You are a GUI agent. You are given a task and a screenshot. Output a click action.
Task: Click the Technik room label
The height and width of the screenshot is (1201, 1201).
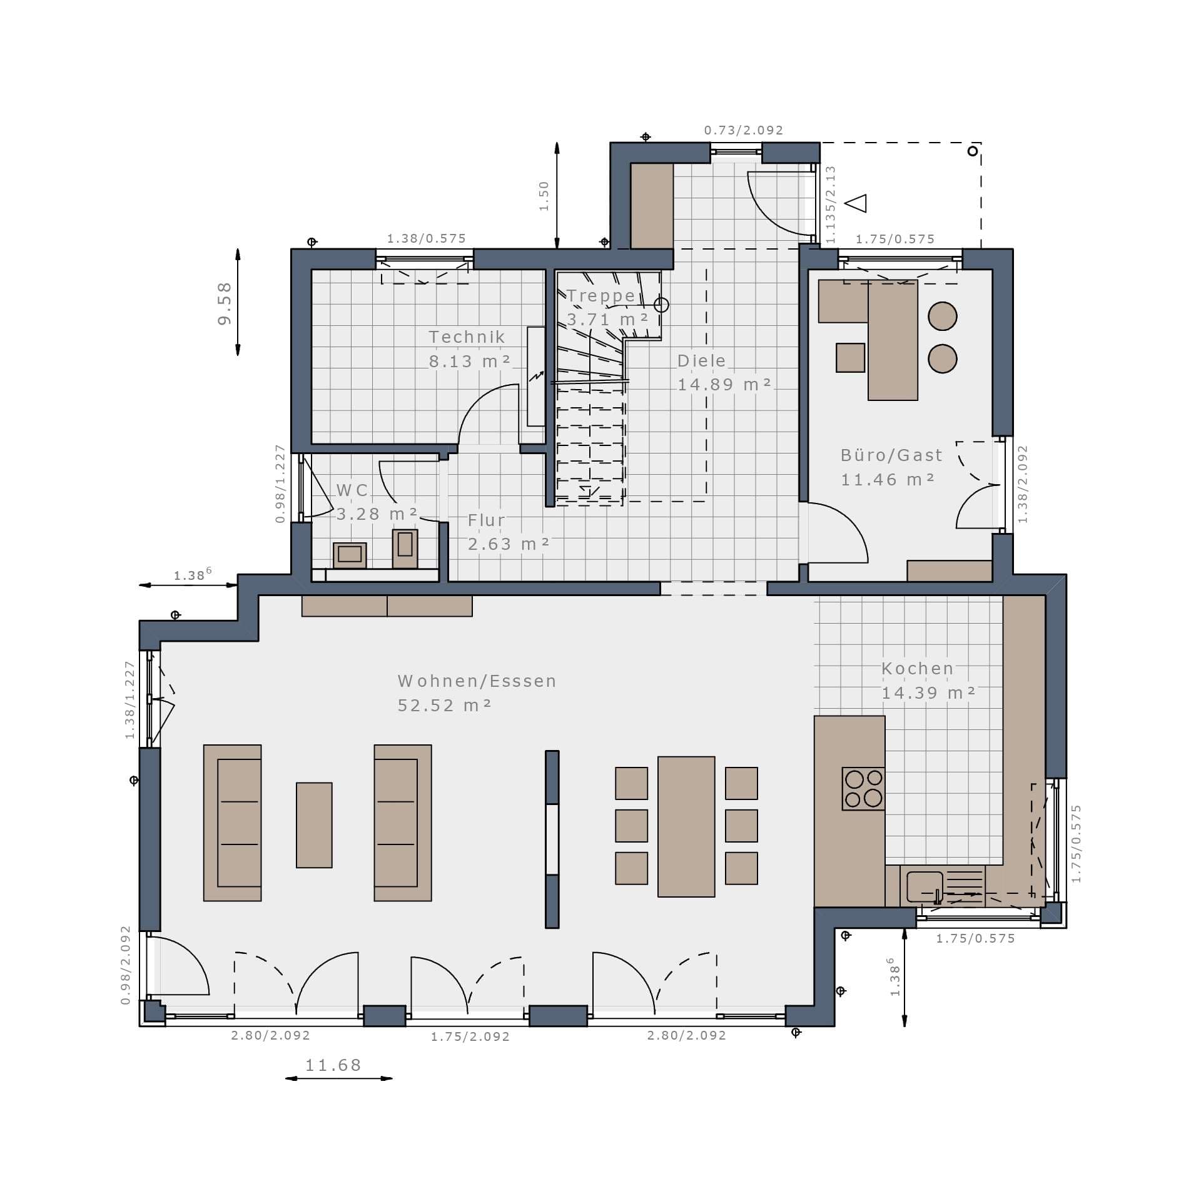coord(467,337)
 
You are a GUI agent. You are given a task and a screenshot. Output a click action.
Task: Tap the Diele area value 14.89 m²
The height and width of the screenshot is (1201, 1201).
coord(724,385)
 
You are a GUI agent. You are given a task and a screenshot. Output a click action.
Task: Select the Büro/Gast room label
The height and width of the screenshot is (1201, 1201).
coord(891,455)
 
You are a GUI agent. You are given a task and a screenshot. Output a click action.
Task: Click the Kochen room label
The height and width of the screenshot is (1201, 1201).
coord(918,669)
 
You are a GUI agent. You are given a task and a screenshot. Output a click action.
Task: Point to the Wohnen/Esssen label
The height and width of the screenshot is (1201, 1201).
coord(477,681)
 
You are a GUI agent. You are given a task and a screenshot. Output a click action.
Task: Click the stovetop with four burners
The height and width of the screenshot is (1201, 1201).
coord(863,789)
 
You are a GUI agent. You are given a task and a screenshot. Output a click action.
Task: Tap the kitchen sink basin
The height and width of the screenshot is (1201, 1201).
coord(924,886)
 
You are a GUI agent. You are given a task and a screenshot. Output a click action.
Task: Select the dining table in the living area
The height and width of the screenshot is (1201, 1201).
coord(686,826)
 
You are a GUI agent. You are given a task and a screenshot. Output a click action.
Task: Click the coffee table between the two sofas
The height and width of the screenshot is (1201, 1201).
coord(314,825)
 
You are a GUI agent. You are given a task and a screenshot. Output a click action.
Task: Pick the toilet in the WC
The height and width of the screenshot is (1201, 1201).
coord(405,549)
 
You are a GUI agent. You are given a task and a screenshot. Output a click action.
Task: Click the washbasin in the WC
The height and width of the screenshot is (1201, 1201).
coord(350,555)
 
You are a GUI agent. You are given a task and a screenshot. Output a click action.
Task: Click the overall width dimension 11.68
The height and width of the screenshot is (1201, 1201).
coord(333,1065)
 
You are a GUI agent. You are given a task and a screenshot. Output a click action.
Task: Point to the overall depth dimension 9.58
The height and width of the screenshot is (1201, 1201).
coord(225,303)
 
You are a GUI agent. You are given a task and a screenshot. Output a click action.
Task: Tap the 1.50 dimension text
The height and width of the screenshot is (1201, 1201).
coord(544,196)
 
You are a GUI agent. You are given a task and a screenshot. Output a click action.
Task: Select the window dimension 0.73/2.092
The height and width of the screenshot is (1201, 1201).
coord(744,130)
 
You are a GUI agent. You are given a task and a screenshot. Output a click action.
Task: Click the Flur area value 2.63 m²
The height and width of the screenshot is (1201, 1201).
coord(509,544)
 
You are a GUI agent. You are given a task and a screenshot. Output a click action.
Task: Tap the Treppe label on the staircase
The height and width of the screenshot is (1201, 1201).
coord(601,296)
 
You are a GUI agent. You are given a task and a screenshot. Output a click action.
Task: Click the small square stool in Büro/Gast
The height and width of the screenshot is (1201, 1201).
coord(850,357)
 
